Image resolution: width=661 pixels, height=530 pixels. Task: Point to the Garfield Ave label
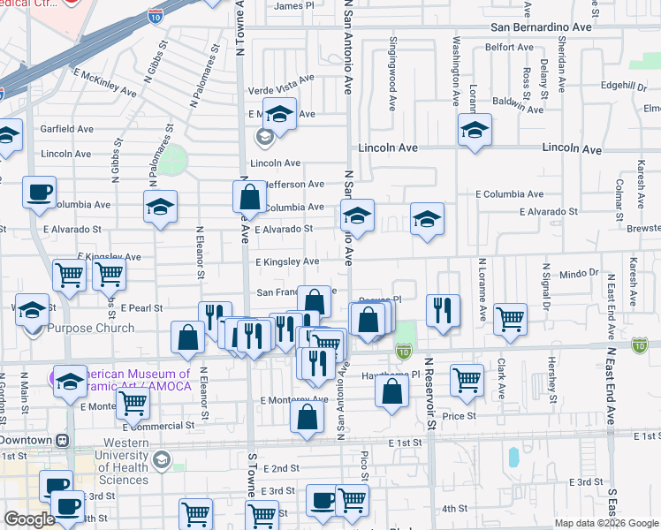(66, 129)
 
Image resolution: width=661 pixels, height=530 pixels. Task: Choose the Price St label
(459, 415)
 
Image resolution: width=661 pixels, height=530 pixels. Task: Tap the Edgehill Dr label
(624, 86)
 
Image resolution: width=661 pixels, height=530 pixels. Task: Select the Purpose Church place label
(91, 329)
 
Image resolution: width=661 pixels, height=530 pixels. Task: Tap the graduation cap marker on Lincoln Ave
(475, 130)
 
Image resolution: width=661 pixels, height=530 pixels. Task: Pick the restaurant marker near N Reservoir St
(443, 309)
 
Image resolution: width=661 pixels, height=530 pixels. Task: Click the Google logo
(30, 519)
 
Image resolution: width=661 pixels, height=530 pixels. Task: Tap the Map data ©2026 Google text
(605, 523)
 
